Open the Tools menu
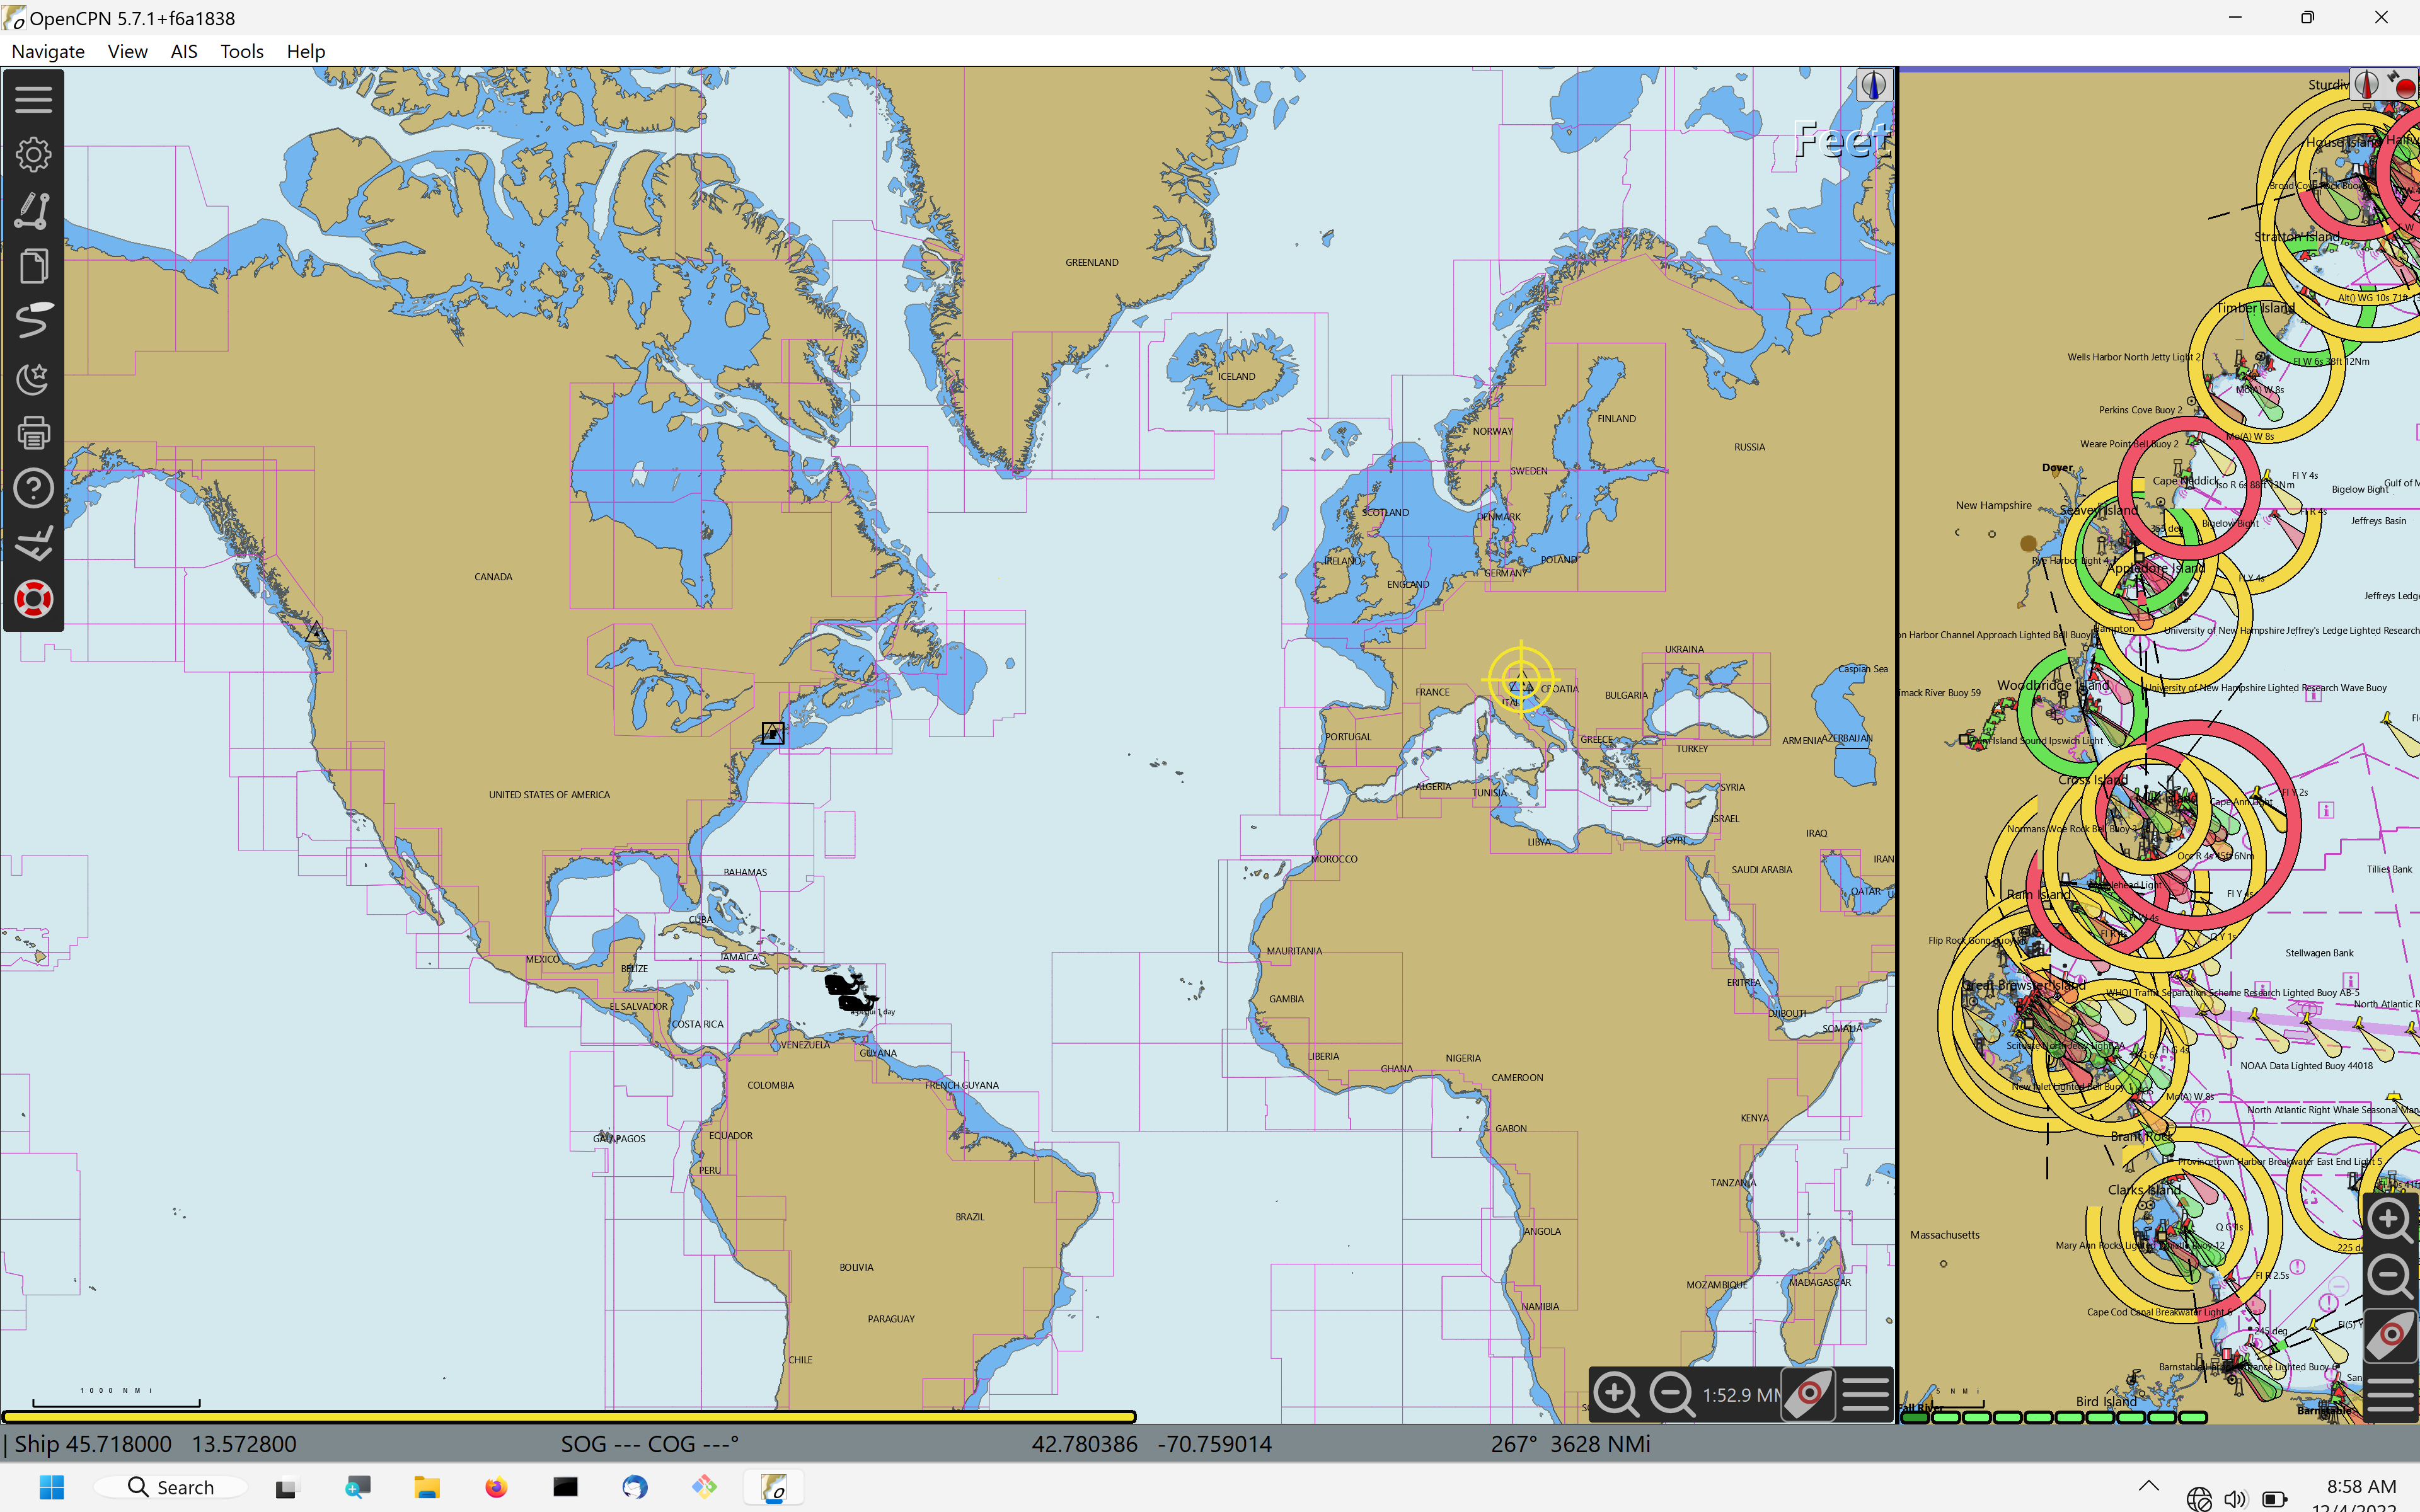241,51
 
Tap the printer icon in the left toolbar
33,433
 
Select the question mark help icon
33,489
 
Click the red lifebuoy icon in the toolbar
33,600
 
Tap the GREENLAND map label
1091,263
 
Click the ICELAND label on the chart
1236,377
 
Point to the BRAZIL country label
969,1217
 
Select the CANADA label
493,577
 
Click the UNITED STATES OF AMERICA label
549,795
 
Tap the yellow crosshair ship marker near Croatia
1520,680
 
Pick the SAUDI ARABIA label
1761,870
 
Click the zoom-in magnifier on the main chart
1615,1394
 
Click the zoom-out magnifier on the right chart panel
2389,1276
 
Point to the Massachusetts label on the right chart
1944,1235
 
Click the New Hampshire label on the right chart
1993,506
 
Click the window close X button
2381,18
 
